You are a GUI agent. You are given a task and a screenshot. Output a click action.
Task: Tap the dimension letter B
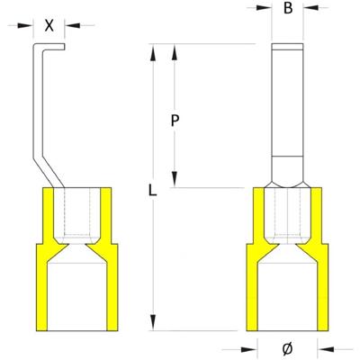[286, 10]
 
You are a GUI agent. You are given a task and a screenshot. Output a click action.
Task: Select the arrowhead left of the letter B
[265, 10]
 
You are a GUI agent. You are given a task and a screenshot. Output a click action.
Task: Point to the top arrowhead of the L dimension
[154, 49]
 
